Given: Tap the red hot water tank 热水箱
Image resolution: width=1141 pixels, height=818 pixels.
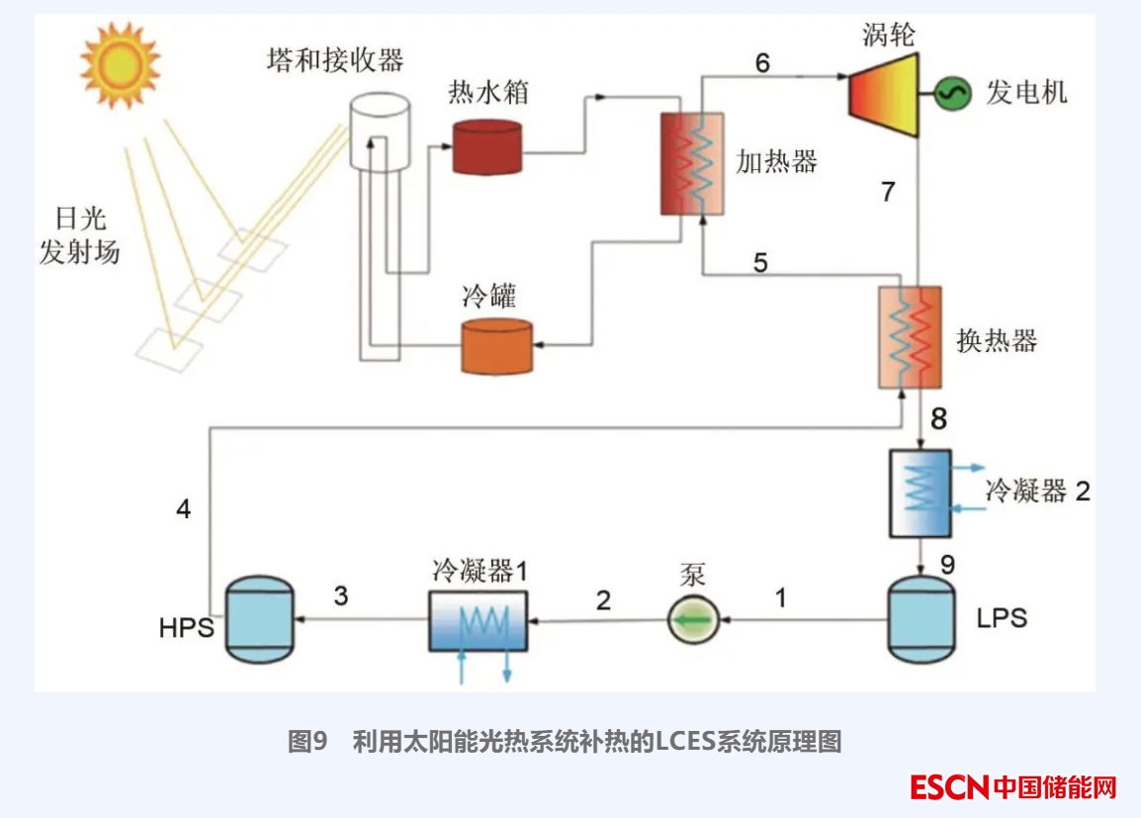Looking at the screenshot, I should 486,146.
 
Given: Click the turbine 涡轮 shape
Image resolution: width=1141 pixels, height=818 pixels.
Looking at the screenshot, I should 883,94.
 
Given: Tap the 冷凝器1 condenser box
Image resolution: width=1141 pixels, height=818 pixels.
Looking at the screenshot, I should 478,621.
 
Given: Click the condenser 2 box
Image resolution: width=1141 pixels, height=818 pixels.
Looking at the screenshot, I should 920,494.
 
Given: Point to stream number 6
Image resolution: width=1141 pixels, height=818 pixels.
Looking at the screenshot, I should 762,62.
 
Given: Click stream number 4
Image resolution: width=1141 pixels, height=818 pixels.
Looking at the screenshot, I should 183,509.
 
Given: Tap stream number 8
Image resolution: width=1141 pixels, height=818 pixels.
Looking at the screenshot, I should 938,419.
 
